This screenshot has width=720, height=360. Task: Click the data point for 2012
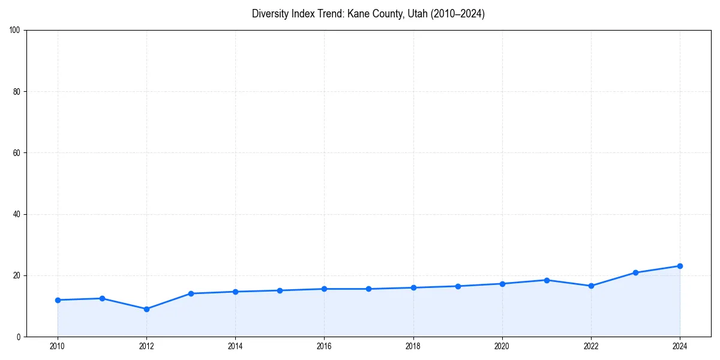tap(146, 309)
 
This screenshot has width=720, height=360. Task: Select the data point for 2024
tap(680, 266)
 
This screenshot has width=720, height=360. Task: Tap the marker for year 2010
tap(58, 300)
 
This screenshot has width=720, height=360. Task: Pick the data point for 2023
tap(635, 272)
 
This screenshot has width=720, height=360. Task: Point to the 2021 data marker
tap(547, 280)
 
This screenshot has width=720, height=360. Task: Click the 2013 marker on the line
tap(191, 293)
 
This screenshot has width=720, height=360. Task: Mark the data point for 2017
tap(368, 289)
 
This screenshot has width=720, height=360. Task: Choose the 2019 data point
tap(458, 286)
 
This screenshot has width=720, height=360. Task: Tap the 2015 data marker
tap(280, 290)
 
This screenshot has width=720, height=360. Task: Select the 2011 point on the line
tap(102, 298)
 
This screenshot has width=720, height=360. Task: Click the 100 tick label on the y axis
tap(15, 30)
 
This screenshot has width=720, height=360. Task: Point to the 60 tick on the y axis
tap(17, 153)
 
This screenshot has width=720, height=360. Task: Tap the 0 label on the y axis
tap(19, 337)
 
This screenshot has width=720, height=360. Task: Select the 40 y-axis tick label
tap(17, 214)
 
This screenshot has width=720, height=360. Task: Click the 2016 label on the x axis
tap(324, 346)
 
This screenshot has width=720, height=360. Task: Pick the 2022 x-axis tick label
tap(591, 346)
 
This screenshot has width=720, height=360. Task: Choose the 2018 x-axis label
tap(413, 346)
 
